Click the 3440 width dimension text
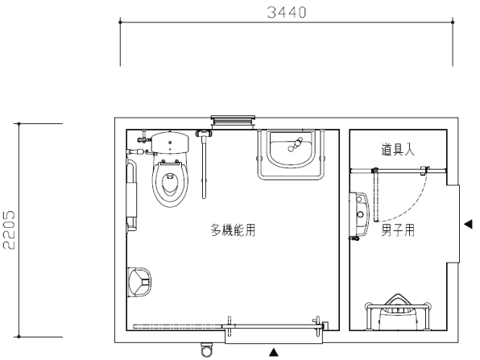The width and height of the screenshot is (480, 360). point(287,13)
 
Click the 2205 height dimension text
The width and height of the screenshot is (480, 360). point(9,230)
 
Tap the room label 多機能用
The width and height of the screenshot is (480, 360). point(233,230)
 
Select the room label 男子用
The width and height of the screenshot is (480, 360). point(398,230)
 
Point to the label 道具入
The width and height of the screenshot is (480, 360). point(398,149)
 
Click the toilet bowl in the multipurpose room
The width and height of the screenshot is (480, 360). point(170,184)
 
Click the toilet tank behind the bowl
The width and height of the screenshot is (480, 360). point(170,143)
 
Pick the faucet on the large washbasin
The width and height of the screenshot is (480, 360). point(295,145)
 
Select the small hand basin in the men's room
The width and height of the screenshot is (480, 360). point(360,214)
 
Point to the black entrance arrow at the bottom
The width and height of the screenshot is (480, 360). point(274,352)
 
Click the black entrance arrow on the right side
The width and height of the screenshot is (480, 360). point(468,225)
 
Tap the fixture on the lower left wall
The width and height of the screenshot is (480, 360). point(139,282)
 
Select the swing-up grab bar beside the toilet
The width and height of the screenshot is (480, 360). point(204,164)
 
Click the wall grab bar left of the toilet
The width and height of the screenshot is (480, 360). point(132,195)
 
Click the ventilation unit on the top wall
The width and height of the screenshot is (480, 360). point(233,122)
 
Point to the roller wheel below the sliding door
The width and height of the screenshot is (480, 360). point(206,349)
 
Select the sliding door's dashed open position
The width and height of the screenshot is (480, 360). point(177,326)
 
